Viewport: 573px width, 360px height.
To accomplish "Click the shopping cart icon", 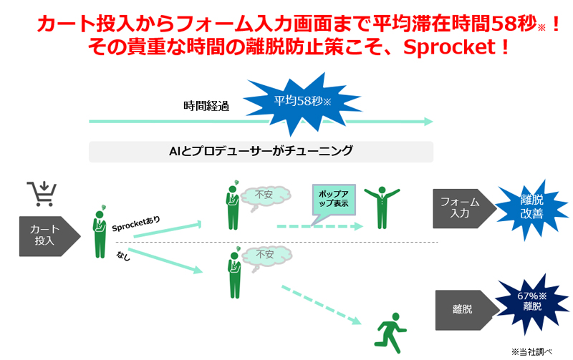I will point(42,194).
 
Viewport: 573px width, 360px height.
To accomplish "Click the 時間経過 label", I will point(206,107).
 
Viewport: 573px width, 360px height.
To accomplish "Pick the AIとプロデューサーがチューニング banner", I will point(261,152).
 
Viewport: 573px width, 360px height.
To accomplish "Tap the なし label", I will point(122,256).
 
